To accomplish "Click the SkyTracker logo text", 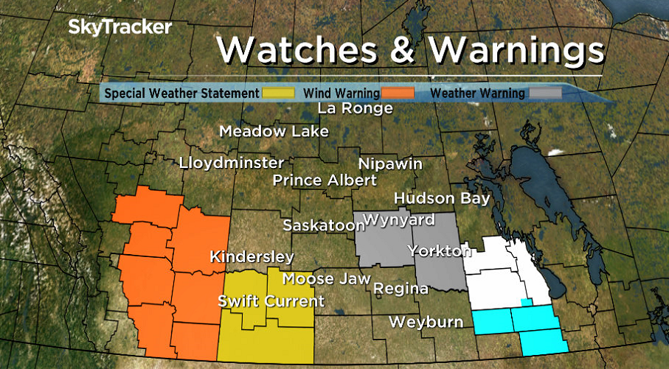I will pyautogui.click(x=120, y=28).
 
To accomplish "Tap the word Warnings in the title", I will pyautogui.click(x=516, y=50).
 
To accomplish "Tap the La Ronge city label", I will pyautogui.click(x=355, y=109).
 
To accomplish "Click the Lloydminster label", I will pyautogui.click(x=231, y=162).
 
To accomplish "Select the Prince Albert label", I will pyautogui.click(x=325, y=180).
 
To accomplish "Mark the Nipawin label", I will pyautogui.click(x=390, y=164).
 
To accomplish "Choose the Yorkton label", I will pyautogui.click(x=440, y=251).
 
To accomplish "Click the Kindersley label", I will pyautogui.click(x=252, y=257).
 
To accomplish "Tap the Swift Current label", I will pyautogui.click(x=271, y=301).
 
